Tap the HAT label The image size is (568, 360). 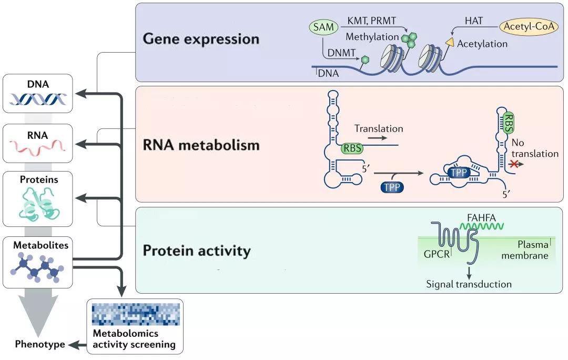(x=475, y=20)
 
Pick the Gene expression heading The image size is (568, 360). (x=201, y=39)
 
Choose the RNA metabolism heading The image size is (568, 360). (x=201, y=145)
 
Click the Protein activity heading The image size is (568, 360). (x=197, y=251)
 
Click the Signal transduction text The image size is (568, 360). (x=469, y=284)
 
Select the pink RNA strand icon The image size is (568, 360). (x=37, y=149)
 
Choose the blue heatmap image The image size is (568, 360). (x=136, y=315)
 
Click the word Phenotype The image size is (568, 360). (x=40, y=345)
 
